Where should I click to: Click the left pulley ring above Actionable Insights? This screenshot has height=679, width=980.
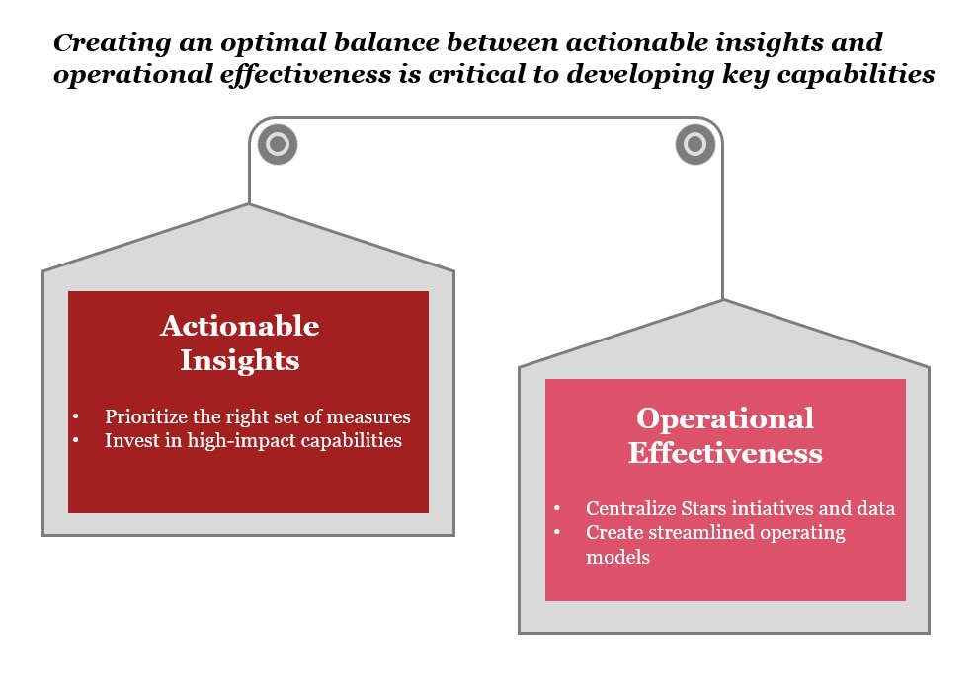[278, 132]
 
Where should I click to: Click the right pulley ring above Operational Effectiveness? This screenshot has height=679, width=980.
[695, 132]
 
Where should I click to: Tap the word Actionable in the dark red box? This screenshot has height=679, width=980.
[240, 326]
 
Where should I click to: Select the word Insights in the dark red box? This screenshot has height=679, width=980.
[240, 361]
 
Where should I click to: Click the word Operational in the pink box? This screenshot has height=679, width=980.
[725, 418]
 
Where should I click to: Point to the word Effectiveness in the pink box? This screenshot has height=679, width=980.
[725, 453]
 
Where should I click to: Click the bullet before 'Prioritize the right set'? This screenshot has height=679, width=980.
[76, 416]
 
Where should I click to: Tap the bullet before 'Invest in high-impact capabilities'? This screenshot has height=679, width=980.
[76, 440]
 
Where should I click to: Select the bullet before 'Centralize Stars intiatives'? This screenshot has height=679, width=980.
[557, 508]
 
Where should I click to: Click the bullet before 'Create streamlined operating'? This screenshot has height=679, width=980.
[557, 532]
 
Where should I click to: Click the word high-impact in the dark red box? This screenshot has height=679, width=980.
[241, 441]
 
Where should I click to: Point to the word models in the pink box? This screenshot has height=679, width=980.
[617, 557]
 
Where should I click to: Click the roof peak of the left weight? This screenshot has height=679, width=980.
[249, 204]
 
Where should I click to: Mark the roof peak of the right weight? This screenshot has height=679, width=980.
[723, 300]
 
